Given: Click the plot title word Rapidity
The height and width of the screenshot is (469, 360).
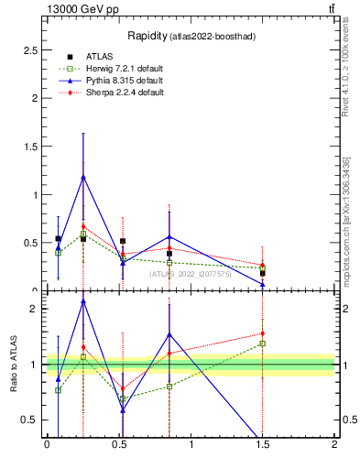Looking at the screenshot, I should (147, 36).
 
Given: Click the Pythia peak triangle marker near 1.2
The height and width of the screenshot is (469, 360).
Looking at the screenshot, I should (83, 177).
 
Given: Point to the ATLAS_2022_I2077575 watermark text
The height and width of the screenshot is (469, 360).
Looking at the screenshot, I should (191, 273).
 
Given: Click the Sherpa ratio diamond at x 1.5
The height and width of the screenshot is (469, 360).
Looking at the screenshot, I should (262, 333).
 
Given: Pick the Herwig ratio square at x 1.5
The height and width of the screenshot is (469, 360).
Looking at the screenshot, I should (262, 344).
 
